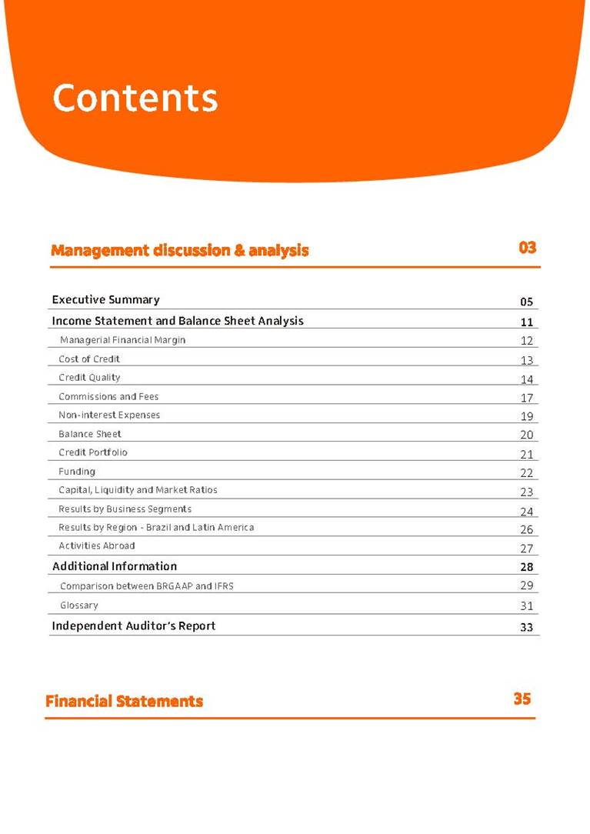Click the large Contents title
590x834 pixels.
point(135,98)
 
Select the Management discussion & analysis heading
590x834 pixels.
point(180,250)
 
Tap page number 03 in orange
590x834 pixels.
point(527,248)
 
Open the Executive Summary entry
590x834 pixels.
point(105,299)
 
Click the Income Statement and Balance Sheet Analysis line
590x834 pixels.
point(178,321)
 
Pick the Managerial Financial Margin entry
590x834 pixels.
point(122,340)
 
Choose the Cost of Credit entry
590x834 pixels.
point(89,359)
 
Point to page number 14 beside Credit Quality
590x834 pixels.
point(527,379)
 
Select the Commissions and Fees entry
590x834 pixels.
point(108,396)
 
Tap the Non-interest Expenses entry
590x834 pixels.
point(109,415)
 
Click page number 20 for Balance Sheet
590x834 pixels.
point(527,435)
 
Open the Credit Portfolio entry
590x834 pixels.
point(93,452)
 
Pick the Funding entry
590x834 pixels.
point(77,471)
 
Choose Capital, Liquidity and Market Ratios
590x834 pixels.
point(138,489)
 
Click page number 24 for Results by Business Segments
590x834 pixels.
point(527,511)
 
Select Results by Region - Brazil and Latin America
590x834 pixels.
point(156,527)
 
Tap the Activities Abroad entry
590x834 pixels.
point(97,545)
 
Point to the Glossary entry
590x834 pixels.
point(79,605)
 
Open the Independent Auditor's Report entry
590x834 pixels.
point(134,625)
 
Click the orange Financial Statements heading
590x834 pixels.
point(125,701)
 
